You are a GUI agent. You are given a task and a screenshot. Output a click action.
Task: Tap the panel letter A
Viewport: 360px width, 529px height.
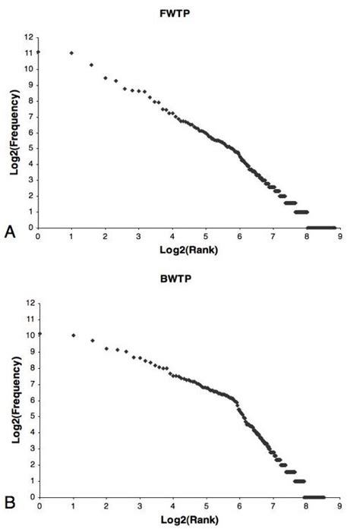click(11, 232)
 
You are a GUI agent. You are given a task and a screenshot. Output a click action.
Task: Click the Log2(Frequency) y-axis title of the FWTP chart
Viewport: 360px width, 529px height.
click(14, 132)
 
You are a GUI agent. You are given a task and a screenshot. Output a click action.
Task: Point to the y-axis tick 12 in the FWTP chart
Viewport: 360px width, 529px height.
click(29, 36)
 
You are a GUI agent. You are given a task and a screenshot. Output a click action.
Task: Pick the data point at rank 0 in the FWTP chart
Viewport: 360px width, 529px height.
click(39, 52)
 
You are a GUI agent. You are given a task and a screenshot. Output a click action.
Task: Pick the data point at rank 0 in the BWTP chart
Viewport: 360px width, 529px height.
click(39, 333)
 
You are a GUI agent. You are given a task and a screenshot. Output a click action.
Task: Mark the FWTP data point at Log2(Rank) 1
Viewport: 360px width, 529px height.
click(71, 52)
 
